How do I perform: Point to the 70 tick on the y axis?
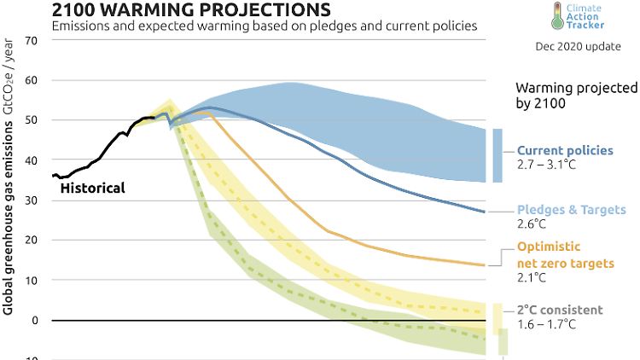tap(32, 40)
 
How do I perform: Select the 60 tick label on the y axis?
tap(32, 80)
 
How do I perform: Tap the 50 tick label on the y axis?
tap(32, 120)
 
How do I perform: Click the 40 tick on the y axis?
tap(32, 160)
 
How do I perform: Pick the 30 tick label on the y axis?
tap(32, 200)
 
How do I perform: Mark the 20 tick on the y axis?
tap(32, 241)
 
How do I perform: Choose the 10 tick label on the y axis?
tap(32, 281)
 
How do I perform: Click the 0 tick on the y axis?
tap(35, 321)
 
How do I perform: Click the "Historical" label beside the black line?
tap(92, 188)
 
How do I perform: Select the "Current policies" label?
tap(565, 150)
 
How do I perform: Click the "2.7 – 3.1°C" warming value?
tap(546, 164)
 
